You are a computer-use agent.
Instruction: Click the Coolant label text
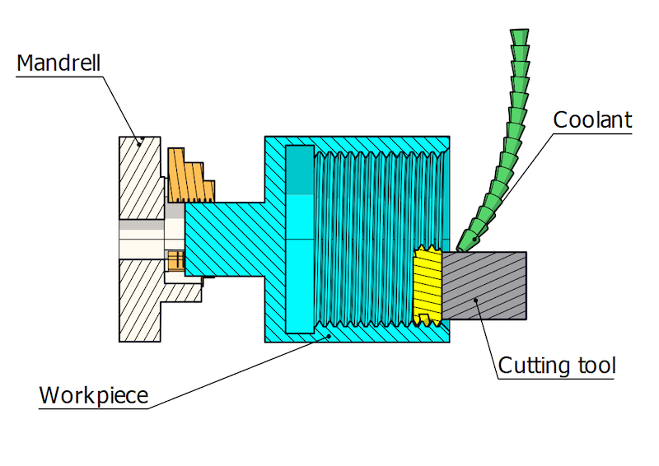(592, 120)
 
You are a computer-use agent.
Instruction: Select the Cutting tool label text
(558, 365)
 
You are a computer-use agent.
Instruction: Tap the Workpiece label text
(94, 395)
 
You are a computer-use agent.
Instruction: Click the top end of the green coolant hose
(519, 37)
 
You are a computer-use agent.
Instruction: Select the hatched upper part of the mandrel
(140, 177)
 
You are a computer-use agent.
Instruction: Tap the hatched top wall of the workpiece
(362, 144)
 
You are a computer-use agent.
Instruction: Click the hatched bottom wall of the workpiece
(362, 333)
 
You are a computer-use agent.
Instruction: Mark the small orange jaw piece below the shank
(174, 261)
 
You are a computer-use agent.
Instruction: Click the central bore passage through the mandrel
(144, 240)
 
